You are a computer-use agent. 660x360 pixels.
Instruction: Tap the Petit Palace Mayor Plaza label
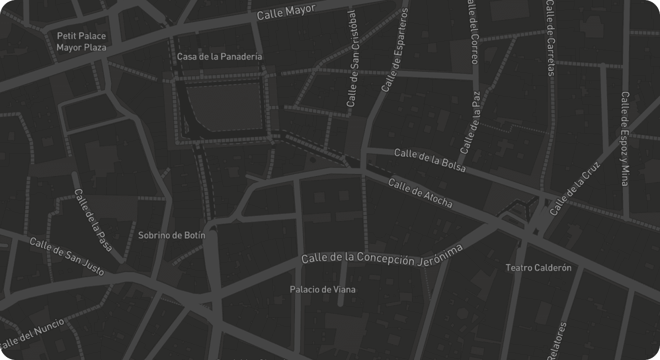click(81, 42)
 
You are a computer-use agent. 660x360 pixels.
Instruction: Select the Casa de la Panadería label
click(219, 56)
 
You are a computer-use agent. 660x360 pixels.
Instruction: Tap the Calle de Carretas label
click(550, 37)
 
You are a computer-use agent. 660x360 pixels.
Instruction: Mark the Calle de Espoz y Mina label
click(625, 138)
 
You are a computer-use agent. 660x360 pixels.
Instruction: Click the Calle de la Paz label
click(470, 122)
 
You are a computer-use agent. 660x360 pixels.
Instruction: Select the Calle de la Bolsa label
click(430, 160)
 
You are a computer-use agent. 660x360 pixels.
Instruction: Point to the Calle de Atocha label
click(420, 193)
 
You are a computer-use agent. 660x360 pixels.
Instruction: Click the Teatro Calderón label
click(538, 268)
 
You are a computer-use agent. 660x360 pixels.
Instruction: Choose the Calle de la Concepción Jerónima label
click(382, 256)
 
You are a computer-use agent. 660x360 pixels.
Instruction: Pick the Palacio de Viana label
click(322, 289)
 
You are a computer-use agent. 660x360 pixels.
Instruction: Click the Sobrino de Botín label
click(171, 235)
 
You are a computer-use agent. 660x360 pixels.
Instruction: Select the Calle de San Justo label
click(67, 256)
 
